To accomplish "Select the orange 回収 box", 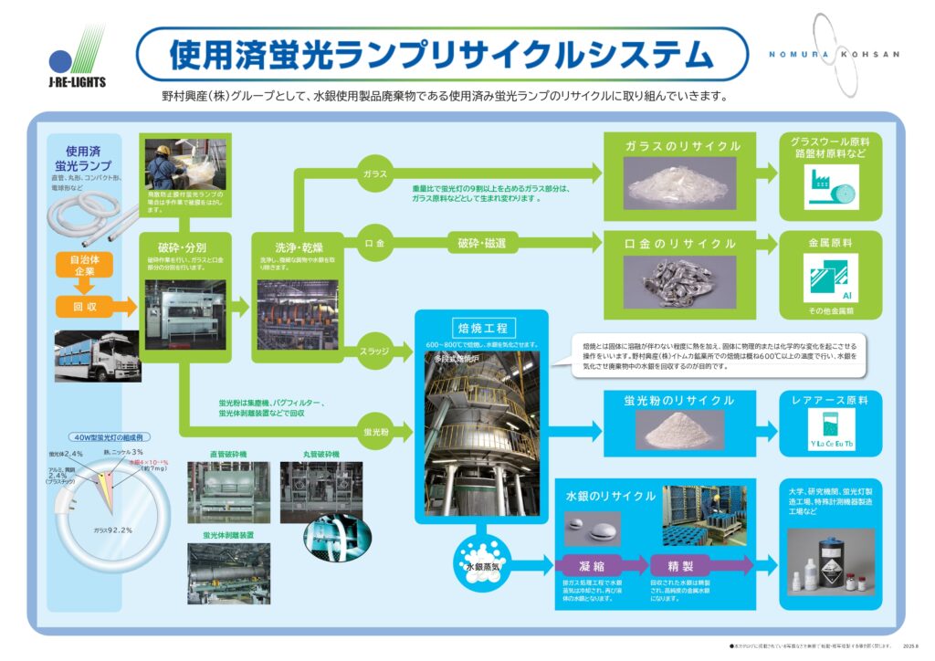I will (85, 306).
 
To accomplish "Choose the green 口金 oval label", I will (375, 243).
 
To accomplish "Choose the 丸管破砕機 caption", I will (321, 454).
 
